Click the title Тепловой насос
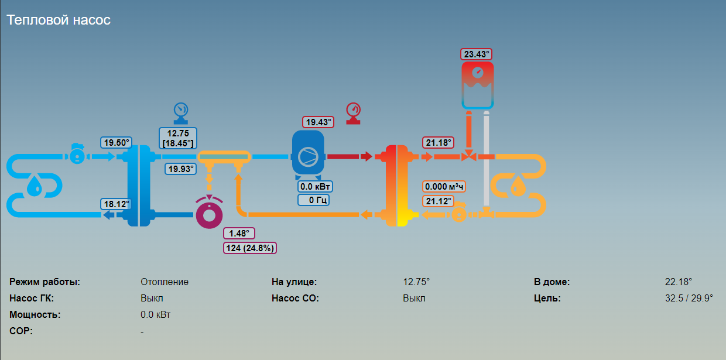pos(59,20)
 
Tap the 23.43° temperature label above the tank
pos(476,54)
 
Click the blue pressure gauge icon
pos(181,114)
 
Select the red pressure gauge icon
pos(353,114)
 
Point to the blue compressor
pos(308,155)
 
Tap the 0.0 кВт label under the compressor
pos(315,187)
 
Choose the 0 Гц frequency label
pos(313,200)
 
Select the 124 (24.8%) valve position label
pos(250,248)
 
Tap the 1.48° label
pos(239,234)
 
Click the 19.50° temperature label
pos(116,143)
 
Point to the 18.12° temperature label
pos(116,204)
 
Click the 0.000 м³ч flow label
pos(444,187)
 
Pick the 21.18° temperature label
pos(438,143)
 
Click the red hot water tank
pos(478,85)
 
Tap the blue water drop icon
pos(35,186)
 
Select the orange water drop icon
pos(518,186)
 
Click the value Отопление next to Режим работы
pos(165,282)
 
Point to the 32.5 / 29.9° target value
pos(689,298)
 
